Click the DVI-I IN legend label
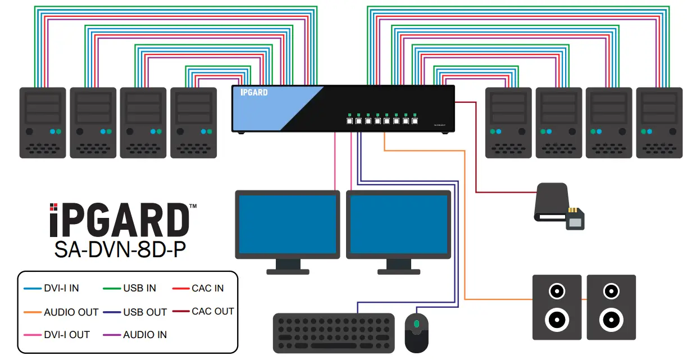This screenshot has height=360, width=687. click(x=61, y=288)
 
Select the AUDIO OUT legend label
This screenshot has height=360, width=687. click(x=71, y=312)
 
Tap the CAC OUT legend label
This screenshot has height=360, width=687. click(x=212, y=311)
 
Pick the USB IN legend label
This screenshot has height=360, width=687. click(x=139, y=288)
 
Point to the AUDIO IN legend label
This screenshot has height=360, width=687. click(x=145, y=335)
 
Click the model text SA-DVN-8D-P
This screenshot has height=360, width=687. click(x=120, y=249)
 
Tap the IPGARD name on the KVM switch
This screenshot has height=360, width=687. click(x=254, y=92)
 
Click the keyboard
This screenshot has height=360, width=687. click(x=334, y=333)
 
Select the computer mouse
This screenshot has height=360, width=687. click(x=416, y=332)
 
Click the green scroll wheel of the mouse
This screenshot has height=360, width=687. click(x=416, y=324)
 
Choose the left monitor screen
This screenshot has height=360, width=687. click(x=287, y=224)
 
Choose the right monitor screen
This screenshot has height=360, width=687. click(x=398, y=224)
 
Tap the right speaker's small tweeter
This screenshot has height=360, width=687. click(x=611, y=291)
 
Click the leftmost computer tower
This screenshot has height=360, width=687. click(x=42, y=122)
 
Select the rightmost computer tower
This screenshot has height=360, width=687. click(x=658, y=122)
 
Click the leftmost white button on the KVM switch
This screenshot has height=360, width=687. click(x=349, y=121)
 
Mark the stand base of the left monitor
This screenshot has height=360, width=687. click(x=288, y=271)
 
